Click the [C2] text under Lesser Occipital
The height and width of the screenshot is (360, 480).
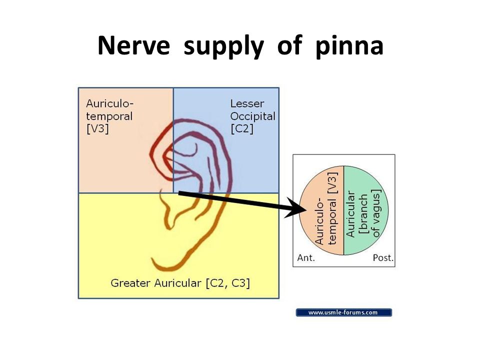pos(242,128)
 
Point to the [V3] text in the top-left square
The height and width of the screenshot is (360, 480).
pos(97,128)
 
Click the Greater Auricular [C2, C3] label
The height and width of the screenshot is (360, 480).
pos(180,283)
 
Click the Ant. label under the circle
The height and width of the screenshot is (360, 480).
pos(306,258)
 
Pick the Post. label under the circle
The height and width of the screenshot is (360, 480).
pos(383,258)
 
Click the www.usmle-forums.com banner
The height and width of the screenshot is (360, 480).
pos(343,312)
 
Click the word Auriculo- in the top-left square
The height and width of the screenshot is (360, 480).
pos(109,104)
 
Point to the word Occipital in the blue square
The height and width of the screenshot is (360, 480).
pos(252,116)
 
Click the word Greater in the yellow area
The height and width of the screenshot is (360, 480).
pos(128,283)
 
